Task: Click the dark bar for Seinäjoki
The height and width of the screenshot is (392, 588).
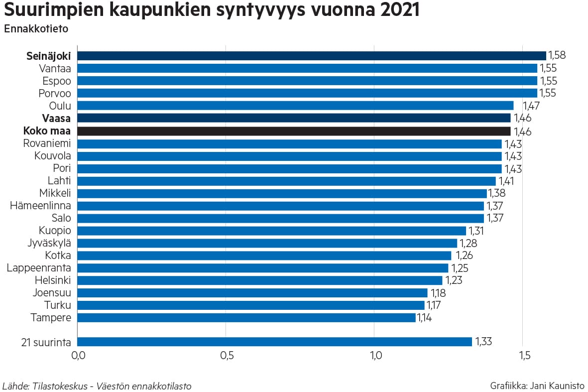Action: (x=311, y=56)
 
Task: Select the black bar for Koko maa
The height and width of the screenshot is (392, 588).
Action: (x=294, y=131)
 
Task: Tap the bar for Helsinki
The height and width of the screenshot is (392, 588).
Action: (x=259, y=280)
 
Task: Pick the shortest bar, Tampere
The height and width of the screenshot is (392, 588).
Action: (x=246, y=318)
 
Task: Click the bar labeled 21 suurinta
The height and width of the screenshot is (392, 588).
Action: (x=274, y=342)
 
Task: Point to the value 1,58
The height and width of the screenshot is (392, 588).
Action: (x=557, y=55)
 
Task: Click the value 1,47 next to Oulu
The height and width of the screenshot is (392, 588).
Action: (x=531, y=106)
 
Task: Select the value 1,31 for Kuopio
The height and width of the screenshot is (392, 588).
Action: (x=475, y=231)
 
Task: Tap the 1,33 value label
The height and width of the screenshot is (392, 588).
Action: (x=484, y=342)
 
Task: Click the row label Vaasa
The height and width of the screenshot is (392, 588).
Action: (x=56, y=119)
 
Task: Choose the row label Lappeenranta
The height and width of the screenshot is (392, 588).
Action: (x=39, y=268)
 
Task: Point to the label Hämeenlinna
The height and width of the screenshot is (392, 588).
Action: (x=40, y=206)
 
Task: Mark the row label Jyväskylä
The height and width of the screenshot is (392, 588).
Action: (x=49, y=243)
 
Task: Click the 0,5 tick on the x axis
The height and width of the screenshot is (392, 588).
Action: (x=227, y=356)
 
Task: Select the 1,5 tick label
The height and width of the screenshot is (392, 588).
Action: (x=524, y=356)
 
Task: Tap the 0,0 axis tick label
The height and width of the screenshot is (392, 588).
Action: (x=78, y=356)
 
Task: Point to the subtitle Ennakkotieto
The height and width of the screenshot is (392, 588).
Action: (x=36, y=29)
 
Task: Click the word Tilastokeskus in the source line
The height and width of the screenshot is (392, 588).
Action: (x=60, y=386)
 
